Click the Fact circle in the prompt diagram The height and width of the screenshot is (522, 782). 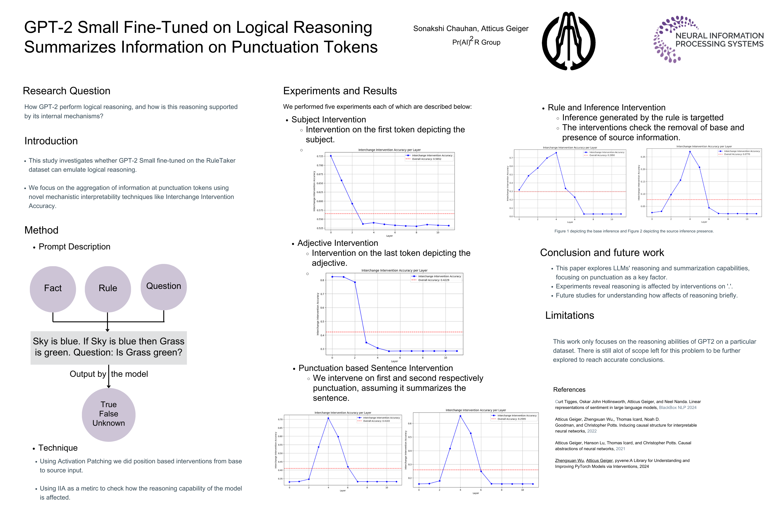(53, 289)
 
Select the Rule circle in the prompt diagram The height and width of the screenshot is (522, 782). (108, 289)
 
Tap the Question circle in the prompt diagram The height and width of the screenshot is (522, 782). (164, 287)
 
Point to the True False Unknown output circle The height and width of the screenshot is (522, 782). (109, 414)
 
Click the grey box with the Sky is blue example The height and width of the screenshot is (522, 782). (109, 348)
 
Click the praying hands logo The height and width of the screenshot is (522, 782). (569, 41)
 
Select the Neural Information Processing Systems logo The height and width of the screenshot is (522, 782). (708, 39)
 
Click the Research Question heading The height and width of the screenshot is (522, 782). (67, 91)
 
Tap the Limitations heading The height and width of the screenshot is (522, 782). (570, 315)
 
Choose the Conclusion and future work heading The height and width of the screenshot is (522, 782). (602, 253)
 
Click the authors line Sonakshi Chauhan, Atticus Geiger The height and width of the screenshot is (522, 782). (471, 29)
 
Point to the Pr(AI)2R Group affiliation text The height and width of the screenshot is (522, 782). (476, 42)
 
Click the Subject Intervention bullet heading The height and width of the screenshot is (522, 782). (329, 120)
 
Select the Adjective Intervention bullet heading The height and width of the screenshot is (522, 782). (337, 243)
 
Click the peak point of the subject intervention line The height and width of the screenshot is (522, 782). (331, 156)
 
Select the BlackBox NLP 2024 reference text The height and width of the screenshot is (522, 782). (678, 408)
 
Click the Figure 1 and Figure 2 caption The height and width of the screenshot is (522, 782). (634, 231)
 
